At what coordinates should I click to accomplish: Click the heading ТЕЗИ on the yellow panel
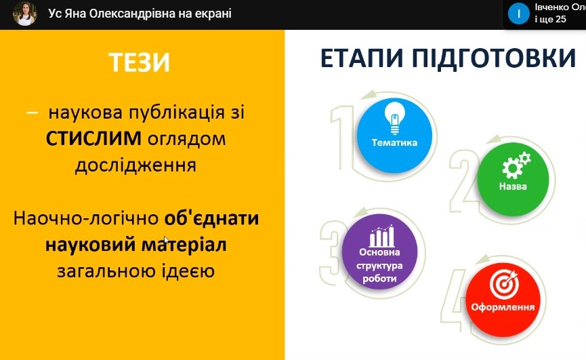click(x=140, y=62)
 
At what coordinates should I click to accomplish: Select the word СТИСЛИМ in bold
click(x=93, y=139)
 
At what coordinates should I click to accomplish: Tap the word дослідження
click(x=135, y=165)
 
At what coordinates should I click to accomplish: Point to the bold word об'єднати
click(x=211, y=218)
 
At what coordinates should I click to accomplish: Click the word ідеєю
click(x=188, y=271)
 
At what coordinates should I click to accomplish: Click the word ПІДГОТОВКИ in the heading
click(x=494, y=59)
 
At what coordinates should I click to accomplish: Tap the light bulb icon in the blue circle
click(x=395, y=118)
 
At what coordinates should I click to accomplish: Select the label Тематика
click(x=394, y=142)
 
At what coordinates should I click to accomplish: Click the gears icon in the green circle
click(x=516, y=165)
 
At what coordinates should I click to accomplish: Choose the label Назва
click(x=513, y=186)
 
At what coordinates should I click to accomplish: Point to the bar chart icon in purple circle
click(x=381, y=235)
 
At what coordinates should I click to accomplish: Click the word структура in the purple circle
click(x=379, y=266)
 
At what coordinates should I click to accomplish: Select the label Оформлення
click(x=503, y=307)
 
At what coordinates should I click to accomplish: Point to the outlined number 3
click(x=332, y=252)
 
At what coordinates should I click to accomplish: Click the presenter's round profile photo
click(x=24, y=14)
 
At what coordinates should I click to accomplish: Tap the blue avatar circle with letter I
click(x=518, y=14)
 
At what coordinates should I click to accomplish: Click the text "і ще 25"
click(x=550, y=20)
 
